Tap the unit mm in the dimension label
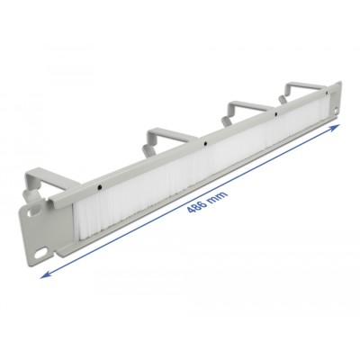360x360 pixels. [219, 195]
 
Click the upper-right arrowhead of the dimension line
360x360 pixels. [335, 127]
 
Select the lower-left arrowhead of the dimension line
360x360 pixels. [45, 274]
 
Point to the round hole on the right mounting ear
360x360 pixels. [335, 112]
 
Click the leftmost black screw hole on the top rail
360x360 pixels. [99, 187]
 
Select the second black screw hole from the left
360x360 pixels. [205, 144]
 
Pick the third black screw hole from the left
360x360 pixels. [275, 113]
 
